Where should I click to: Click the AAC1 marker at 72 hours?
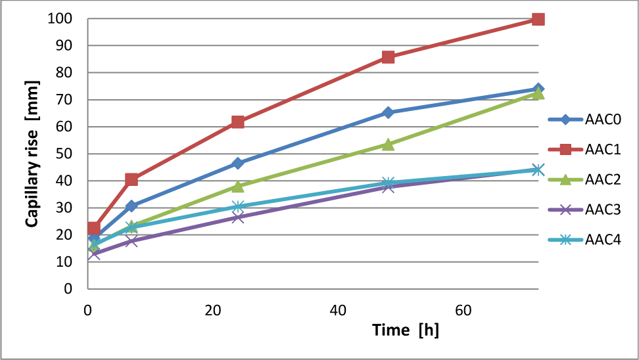point(538,19)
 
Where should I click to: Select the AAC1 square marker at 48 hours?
point(388,57)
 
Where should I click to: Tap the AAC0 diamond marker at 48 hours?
point(388,112)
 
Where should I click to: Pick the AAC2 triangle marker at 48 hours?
point(388,144)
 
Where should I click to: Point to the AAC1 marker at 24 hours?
point(238,122)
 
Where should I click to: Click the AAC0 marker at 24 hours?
point(238,163)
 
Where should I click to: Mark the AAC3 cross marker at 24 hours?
point(238,217)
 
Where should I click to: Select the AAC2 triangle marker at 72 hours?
point(538,93)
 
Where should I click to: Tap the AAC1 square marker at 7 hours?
point(131,179)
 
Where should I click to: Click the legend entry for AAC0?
point(584,120)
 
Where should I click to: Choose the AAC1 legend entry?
point(584,150)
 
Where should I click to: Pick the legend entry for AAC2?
point(584,180)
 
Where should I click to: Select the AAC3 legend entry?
point(584,210)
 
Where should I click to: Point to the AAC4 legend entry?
point(584,240)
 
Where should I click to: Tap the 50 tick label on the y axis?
point(62,154)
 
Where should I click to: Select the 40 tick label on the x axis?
point(338,309)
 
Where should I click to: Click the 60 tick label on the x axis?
point(463,309)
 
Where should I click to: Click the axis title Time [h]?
point(406,330)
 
